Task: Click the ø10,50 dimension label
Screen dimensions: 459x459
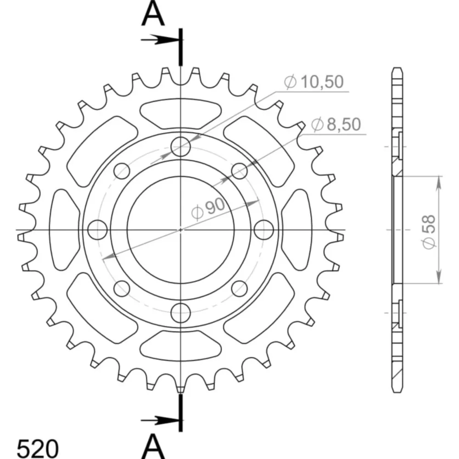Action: point(313,82)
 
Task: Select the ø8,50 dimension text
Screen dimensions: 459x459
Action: point(336,124)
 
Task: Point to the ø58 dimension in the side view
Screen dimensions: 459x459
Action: point(429,232)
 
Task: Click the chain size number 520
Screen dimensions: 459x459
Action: point(38,448)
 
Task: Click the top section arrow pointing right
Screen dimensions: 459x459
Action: point(160,39)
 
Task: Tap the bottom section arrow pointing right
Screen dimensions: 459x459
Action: point(160,420)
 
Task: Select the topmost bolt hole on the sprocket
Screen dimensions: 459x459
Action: point(180,146)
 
